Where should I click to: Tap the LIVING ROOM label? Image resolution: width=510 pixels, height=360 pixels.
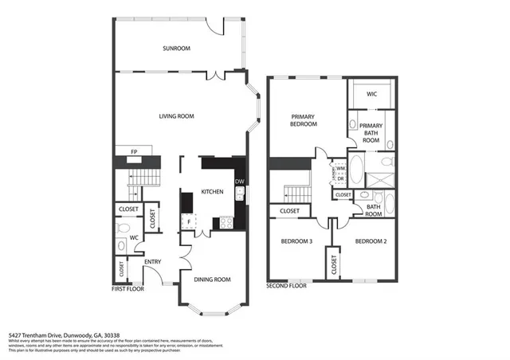tap(176, 117)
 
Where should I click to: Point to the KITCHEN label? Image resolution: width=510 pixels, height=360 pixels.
tap(212, 192)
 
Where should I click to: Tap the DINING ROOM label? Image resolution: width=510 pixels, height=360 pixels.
tap(212, 280)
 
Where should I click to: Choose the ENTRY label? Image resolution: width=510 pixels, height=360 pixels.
tap(153, 262)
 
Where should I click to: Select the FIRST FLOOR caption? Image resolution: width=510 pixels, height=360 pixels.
tap(127, 290)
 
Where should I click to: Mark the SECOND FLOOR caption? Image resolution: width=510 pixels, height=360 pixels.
tap(287, 285)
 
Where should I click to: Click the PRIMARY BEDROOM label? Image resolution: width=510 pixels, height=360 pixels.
tap(304, 120)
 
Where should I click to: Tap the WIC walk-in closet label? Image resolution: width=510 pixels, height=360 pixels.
tap(371, 94)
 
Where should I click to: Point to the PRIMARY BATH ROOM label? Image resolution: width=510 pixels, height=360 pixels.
tap(371, 133)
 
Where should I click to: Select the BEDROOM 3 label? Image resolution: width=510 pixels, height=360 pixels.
tap(296, 241)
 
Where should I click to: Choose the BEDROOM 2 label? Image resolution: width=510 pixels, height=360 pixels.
tap(371, 241)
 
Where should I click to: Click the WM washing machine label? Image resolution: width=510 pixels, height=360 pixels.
tap(340, 169)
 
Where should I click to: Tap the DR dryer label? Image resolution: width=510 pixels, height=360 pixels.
tap(340, 178)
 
